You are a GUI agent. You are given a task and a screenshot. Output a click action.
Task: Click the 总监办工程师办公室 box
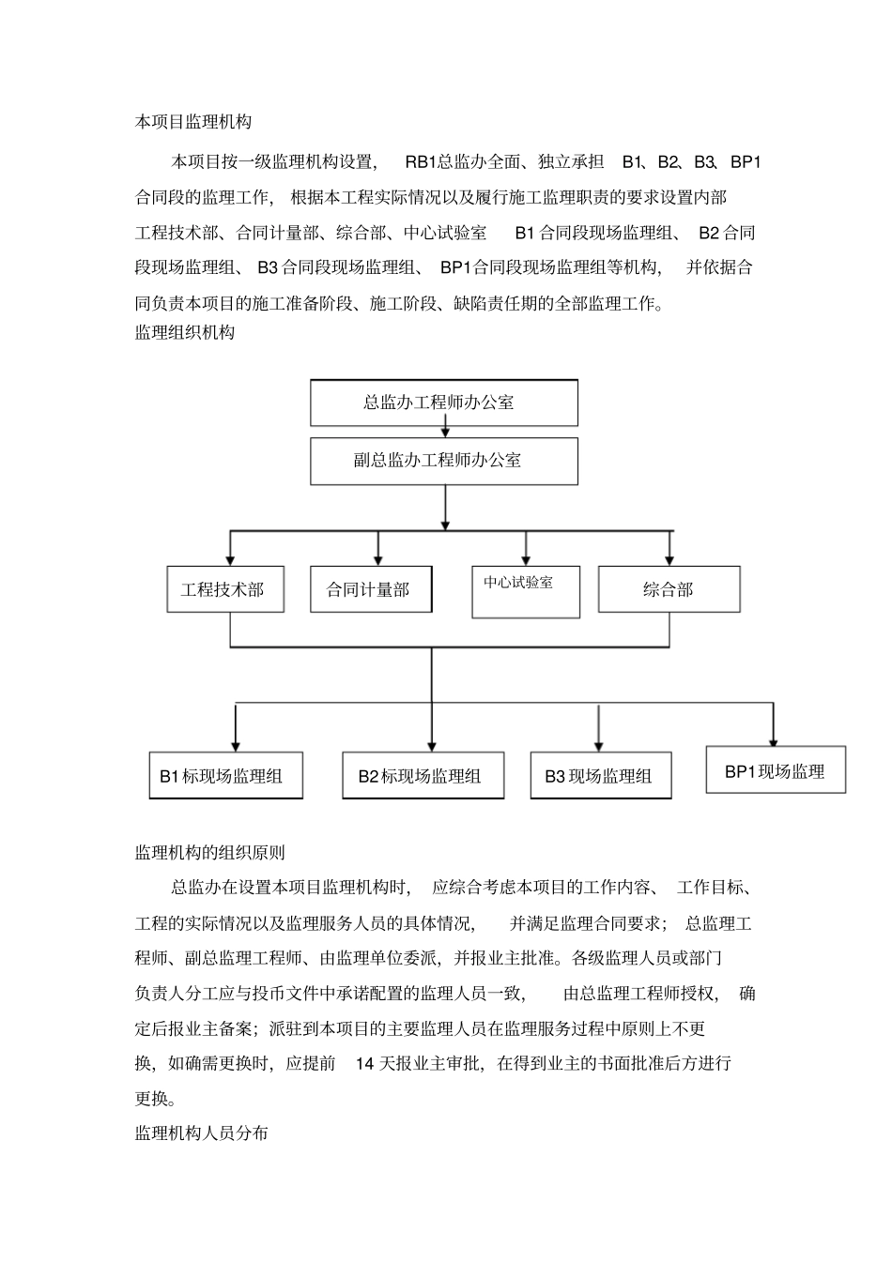[443, 403]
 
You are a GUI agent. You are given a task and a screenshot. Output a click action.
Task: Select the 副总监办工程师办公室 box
[443, 461]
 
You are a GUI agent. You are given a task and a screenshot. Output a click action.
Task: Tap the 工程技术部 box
[225, 589]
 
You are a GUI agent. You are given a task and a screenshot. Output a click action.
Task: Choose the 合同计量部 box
[371, 589]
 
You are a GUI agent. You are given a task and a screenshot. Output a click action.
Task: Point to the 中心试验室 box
[525, 591]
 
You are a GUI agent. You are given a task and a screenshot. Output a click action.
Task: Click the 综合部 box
[669, 589]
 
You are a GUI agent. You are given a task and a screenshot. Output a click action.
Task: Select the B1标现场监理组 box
[225, 775]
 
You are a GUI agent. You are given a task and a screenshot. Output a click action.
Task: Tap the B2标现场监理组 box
[423, 775]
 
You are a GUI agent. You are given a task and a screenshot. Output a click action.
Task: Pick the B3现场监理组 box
[600, 775]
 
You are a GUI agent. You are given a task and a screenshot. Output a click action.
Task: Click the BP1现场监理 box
[776, 770]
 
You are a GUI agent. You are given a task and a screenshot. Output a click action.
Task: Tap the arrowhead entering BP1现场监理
[774, 739]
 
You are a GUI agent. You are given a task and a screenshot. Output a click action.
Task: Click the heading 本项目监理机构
[193, 122]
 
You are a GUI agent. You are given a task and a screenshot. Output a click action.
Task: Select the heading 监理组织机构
[185, 332]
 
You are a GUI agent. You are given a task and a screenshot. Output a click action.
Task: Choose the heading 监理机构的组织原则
[210, 853]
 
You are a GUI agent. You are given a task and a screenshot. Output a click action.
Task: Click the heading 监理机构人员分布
[202, 1133]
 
